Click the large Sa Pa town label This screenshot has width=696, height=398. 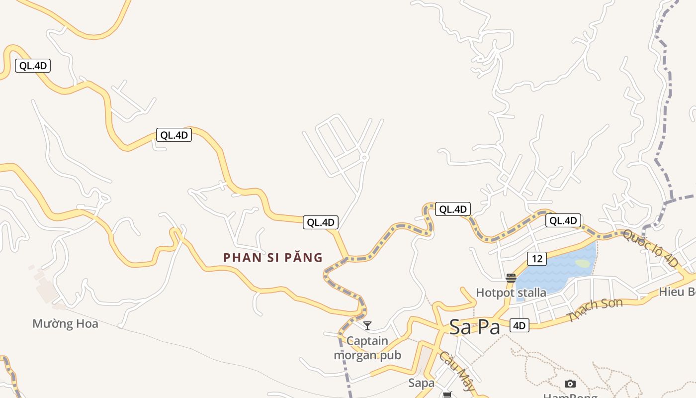(474, 327)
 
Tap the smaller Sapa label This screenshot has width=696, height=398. (421, 383)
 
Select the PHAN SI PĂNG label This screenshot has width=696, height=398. (273, 258)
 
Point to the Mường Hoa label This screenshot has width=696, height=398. (65, 324)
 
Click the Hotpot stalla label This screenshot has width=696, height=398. (511, 293)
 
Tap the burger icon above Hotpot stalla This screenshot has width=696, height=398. (511, 278)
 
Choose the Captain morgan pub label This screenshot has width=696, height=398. (367, 348)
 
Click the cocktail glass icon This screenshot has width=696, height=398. (367, 326)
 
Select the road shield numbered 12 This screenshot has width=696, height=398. (536, 259)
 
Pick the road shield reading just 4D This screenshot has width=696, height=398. (519, 326)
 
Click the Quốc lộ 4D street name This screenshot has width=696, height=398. (650, 248)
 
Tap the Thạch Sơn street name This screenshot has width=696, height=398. (595, 309)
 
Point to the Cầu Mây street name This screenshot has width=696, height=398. (456, 371)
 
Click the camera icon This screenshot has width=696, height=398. (570, 384)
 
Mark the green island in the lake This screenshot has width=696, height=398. (582, 263)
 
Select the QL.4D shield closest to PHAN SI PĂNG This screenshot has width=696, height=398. (321, 222)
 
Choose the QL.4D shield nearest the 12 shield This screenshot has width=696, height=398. (563, 220)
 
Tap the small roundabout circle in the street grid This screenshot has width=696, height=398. (364, 158)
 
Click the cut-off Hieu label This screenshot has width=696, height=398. (677, 292)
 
